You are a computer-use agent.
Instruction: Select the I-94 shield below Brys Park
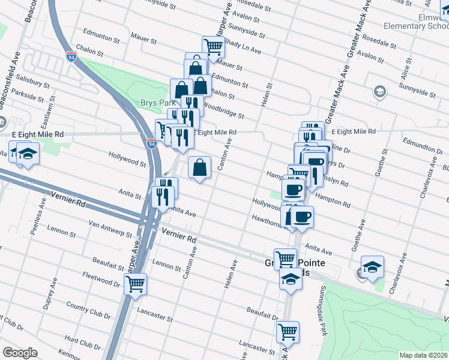click(151, 143)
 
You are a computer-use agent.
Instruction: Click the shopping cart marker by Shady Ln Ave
click(213, 46)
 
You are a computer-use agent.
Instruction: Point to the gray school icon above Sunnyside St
click(379, 91)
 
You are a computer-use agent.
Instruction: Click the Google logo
click(20, 353)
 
